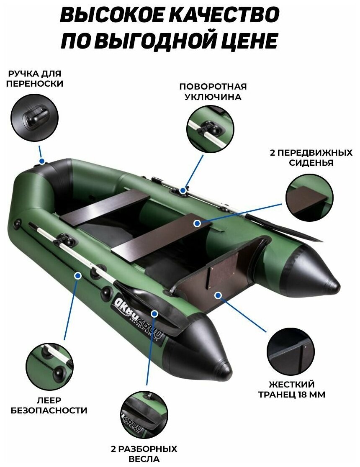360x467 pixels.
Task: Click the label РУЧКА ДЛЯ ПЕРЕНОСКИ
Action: point(35,79)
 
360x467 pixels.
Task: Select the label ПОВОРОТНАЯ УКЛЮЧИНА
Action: point(213,92)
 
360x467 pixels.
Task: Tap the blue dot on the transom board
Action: point(218,295)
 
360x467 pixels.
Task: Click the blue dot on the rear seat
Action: point(197,223)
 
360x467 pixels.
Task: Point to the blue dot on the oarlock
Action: point(183,190)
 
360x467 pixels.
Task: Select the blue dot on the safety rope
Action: point(77,275)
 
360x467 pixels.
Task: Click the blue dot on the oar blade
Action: point(155,313)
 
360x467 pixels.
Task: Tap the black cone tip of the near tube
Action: point(220,366)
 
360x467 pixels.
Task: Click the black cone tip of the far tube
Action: point(329,283)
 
